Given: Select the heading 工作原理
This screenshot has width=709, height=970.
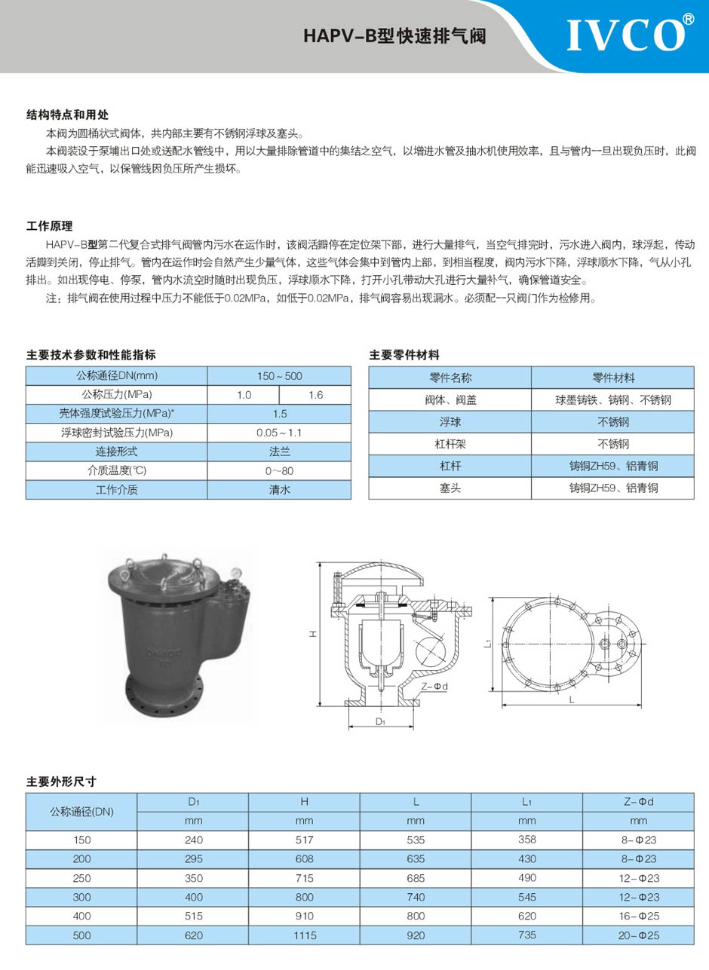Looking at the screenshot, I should coord(50,225).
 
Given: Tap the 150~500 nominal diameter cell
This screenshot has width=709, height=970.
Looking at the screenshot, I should coord(279,375).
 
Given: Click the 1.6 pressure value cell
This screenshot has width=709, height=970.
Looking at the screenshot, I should coord(315,395).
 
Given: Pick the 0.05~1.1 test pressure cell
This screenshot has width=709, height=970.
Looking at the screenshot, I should coord(279,433).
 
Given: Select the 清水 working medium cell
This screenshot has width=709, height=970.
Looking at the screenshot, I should coord(279,489).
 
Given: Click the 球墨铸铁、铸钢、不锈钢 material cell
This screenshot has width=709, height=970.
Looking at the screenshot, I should coord(612,399).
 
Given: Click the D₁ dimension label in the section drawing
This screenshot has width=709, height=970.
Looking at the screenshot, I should coord(381,721).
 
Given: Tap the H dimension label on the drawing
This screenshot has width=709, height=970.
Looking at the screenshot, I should coord(311,634).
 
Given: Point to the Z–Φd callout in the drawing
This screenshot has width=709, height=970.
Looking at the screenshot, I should coord(435,686).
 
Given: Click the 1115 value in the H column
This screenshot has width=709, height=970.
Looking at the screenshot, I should coord(304,935).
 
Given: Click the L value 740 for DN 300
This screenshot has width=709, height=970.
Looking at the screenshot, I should coord(416,897).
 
